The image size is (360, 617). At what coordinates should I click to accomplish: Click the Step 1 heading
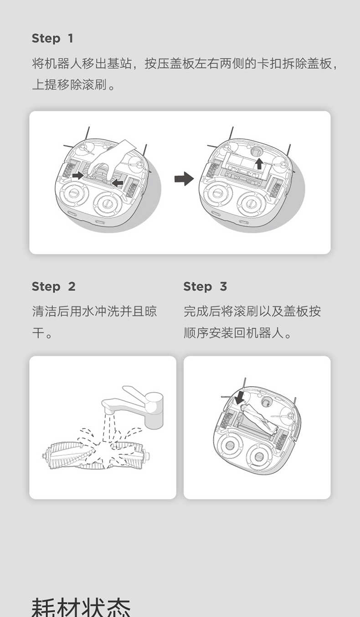coord(52,38)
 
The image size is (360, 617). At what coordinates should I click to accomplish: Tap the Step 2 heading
coord(53,286)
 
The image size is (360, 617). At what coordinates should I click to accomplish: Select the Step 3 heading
coord(205,286)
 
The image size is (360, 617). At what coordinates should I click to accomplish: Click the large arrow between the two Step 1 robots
coord(184,179)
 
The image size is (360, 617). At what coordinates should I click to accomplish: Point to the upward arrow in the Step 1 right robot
coord(258,163)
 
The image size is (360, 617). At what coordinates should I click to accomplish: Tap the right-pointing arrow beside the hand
coord(78,175)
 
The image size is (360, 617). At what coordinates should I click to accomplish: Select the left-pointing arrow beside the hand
coord(118,182)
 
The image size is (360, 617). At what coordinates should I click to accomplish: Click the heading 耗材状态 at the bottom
coord(81,607)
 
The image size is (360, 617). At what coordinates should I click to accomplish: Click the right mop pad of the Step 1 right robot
coord(251,204)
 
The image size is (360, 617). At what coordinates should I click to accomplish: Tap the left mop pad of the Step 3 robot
coord(229,445)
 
